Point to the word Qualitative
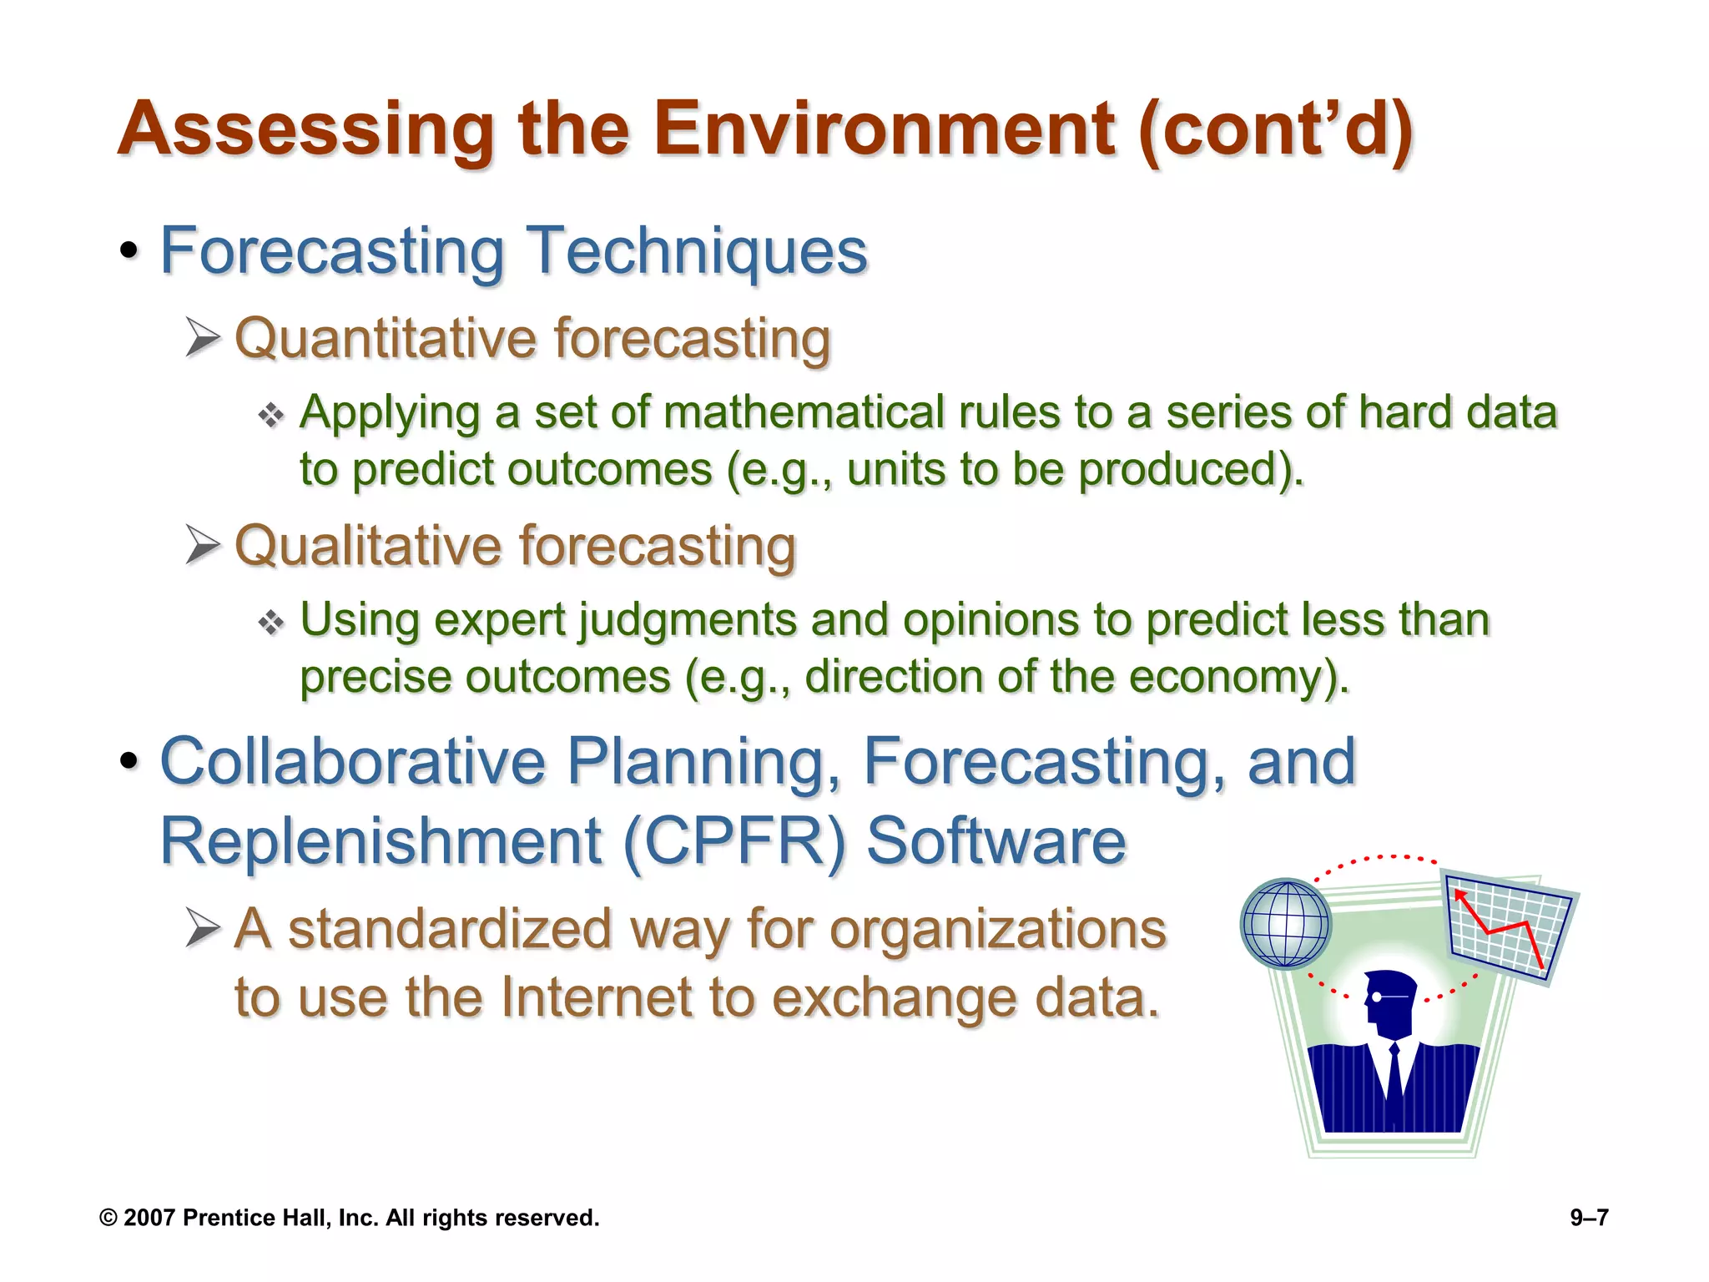[368, 547]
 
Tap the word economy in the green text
[1225, 676]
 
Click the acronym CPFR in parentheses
[734, 841]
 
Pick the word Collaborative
[352, 761]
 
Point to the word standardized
[450, 929]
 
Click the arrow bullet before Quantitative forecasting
[203, 338]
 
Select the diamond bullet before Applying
[271, 415]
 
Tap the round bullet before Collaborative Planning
[129, 761]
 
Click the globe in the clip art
[1285, 924]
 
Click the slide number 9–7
[1589, 1218]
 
